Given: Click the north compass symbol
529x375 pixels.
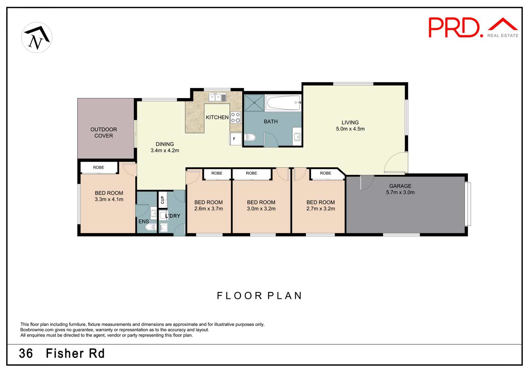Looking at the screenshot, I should tap(37, 37).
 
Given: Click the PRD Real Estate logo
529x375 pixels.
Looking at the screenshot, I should tap(473, 28).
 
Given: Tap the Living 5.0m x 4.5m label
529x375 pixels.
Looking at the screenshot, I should tap(350, 126).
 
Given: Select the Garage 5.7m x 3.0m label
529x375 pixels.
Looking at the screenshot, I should tap(400, 189).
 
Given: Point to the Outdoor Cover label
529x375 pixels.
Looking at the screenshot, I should tap(103, 133).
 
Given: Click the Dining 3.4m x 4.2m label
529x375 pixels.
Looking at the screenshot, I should tap(165, 147).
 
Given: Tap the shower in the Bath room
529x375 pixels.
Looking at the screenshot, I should tap(254, 103).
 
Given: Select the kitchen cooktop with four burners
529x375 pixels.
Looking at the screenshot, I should tap(235, 117).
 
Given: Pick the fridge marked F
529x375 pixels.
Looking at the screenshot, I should tap(235, 139).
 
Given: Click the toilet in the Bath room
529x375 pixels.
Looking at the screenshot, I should tap(250, 137).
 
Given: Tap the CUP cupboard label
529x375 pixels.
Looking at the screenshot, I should tap(162, 200).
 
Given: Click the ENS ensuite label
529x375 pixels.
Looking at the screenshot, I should tap(143, 221).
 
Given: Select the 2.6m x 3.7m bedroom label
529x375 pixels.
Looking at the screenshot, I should tap(208, 205).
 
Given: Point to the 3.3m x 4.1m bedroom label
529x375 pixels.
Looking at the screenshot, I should tap(109, 196).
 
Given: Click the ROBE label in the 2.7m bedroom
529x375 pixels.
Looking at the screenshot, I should tap(325, 173).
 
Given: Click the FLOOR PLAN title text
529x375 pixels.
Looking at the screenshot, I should tap(259, 295).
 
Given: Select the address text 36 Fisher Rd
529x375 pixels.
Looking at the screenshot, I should tap(62, 353).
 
